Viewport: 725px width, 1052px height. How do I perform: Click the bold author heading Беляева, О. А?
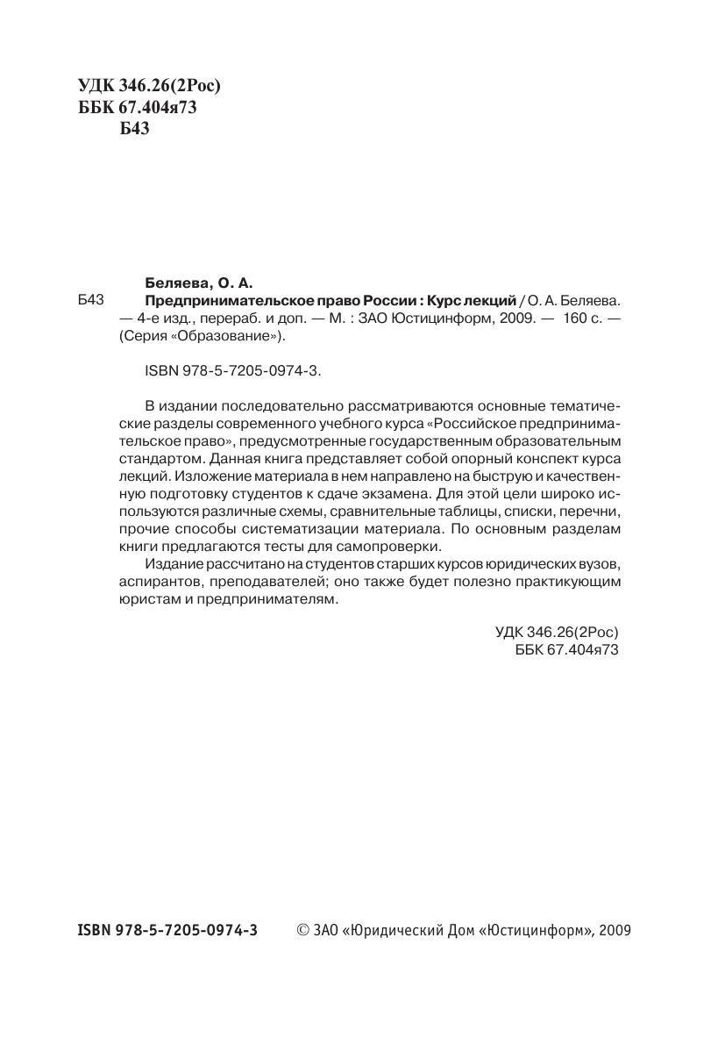click(197, 283)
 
